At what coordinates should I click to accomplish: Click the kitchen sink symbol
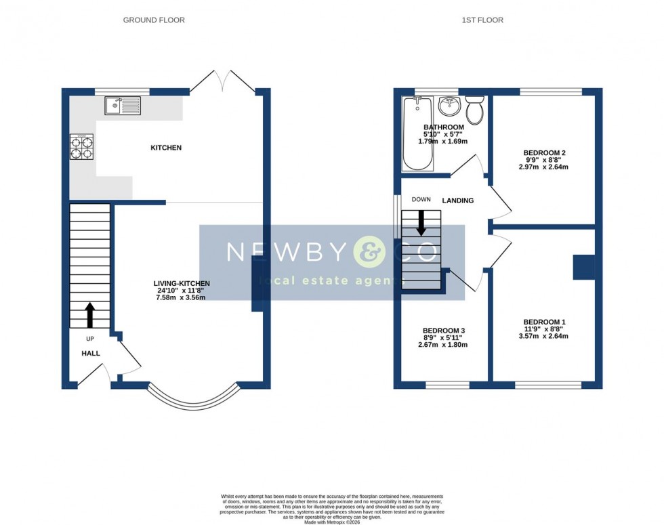(x=123, y=106)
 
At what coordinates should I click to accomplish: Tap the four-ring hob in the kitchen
(x=81, y=147)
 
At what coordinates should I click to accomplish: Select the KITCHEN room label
(x=166, y=148)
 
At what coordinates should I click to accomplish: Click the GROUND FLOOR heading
(x=154, y=20)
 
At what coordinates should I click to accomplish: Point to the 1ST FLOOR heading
(x=482, y=20)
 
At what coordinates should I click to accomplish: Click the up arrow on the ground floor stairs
(x=89, y=315)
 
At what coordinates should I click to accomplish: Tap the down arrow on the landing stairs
(x=421, y=223)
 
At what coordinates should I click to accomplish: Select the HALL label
(x=91, y=354)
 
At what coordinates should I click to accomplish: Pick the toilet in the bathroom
(x=475, y=110)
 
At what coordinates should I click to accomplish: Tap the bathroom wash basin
(x=449, y=106)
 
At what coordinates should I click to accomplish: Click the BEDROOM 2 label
(x=544, y=153)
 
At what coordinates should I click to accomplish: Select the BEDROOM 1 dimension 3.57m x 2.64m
(x=544, y=336)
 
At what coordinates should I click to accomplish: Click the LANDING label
(x=457, y=201)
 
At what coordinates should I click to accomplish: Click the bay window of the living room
(x=194, y=402)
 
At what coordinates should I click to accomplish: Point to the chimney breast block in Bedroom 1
(x=583, y=267)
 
